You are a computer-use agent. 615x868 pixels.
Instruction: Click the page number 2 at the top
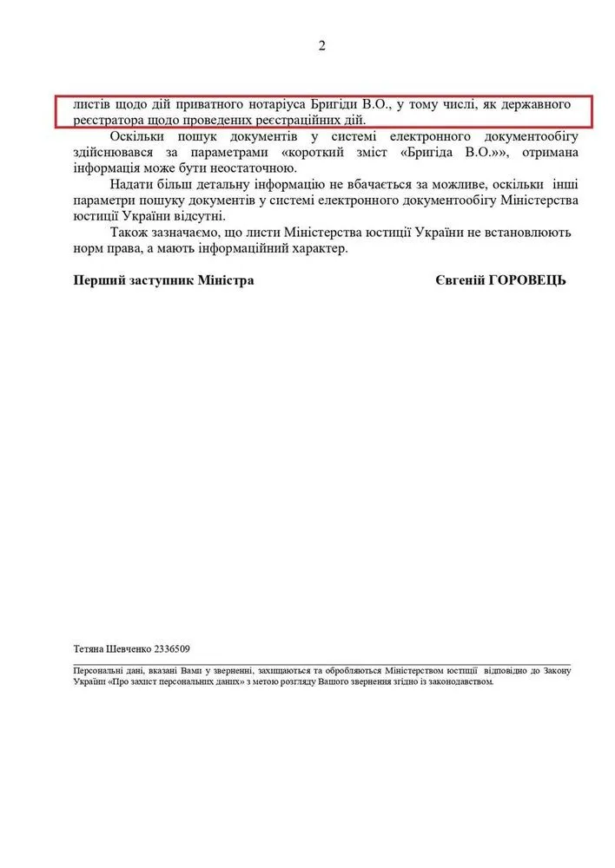click(x=321, y=47)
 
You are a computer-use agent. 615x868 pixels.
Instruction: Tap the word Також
click(x=130, y=233)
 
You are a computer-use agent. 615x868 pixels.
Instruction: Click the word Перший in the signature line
click(x=96, y=281)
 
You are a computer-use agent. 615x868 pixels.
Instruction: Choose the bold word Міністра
click(x=227, y=281)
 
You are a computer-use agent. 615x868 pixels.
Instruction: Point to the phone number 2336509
click(x=172, y=648)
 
